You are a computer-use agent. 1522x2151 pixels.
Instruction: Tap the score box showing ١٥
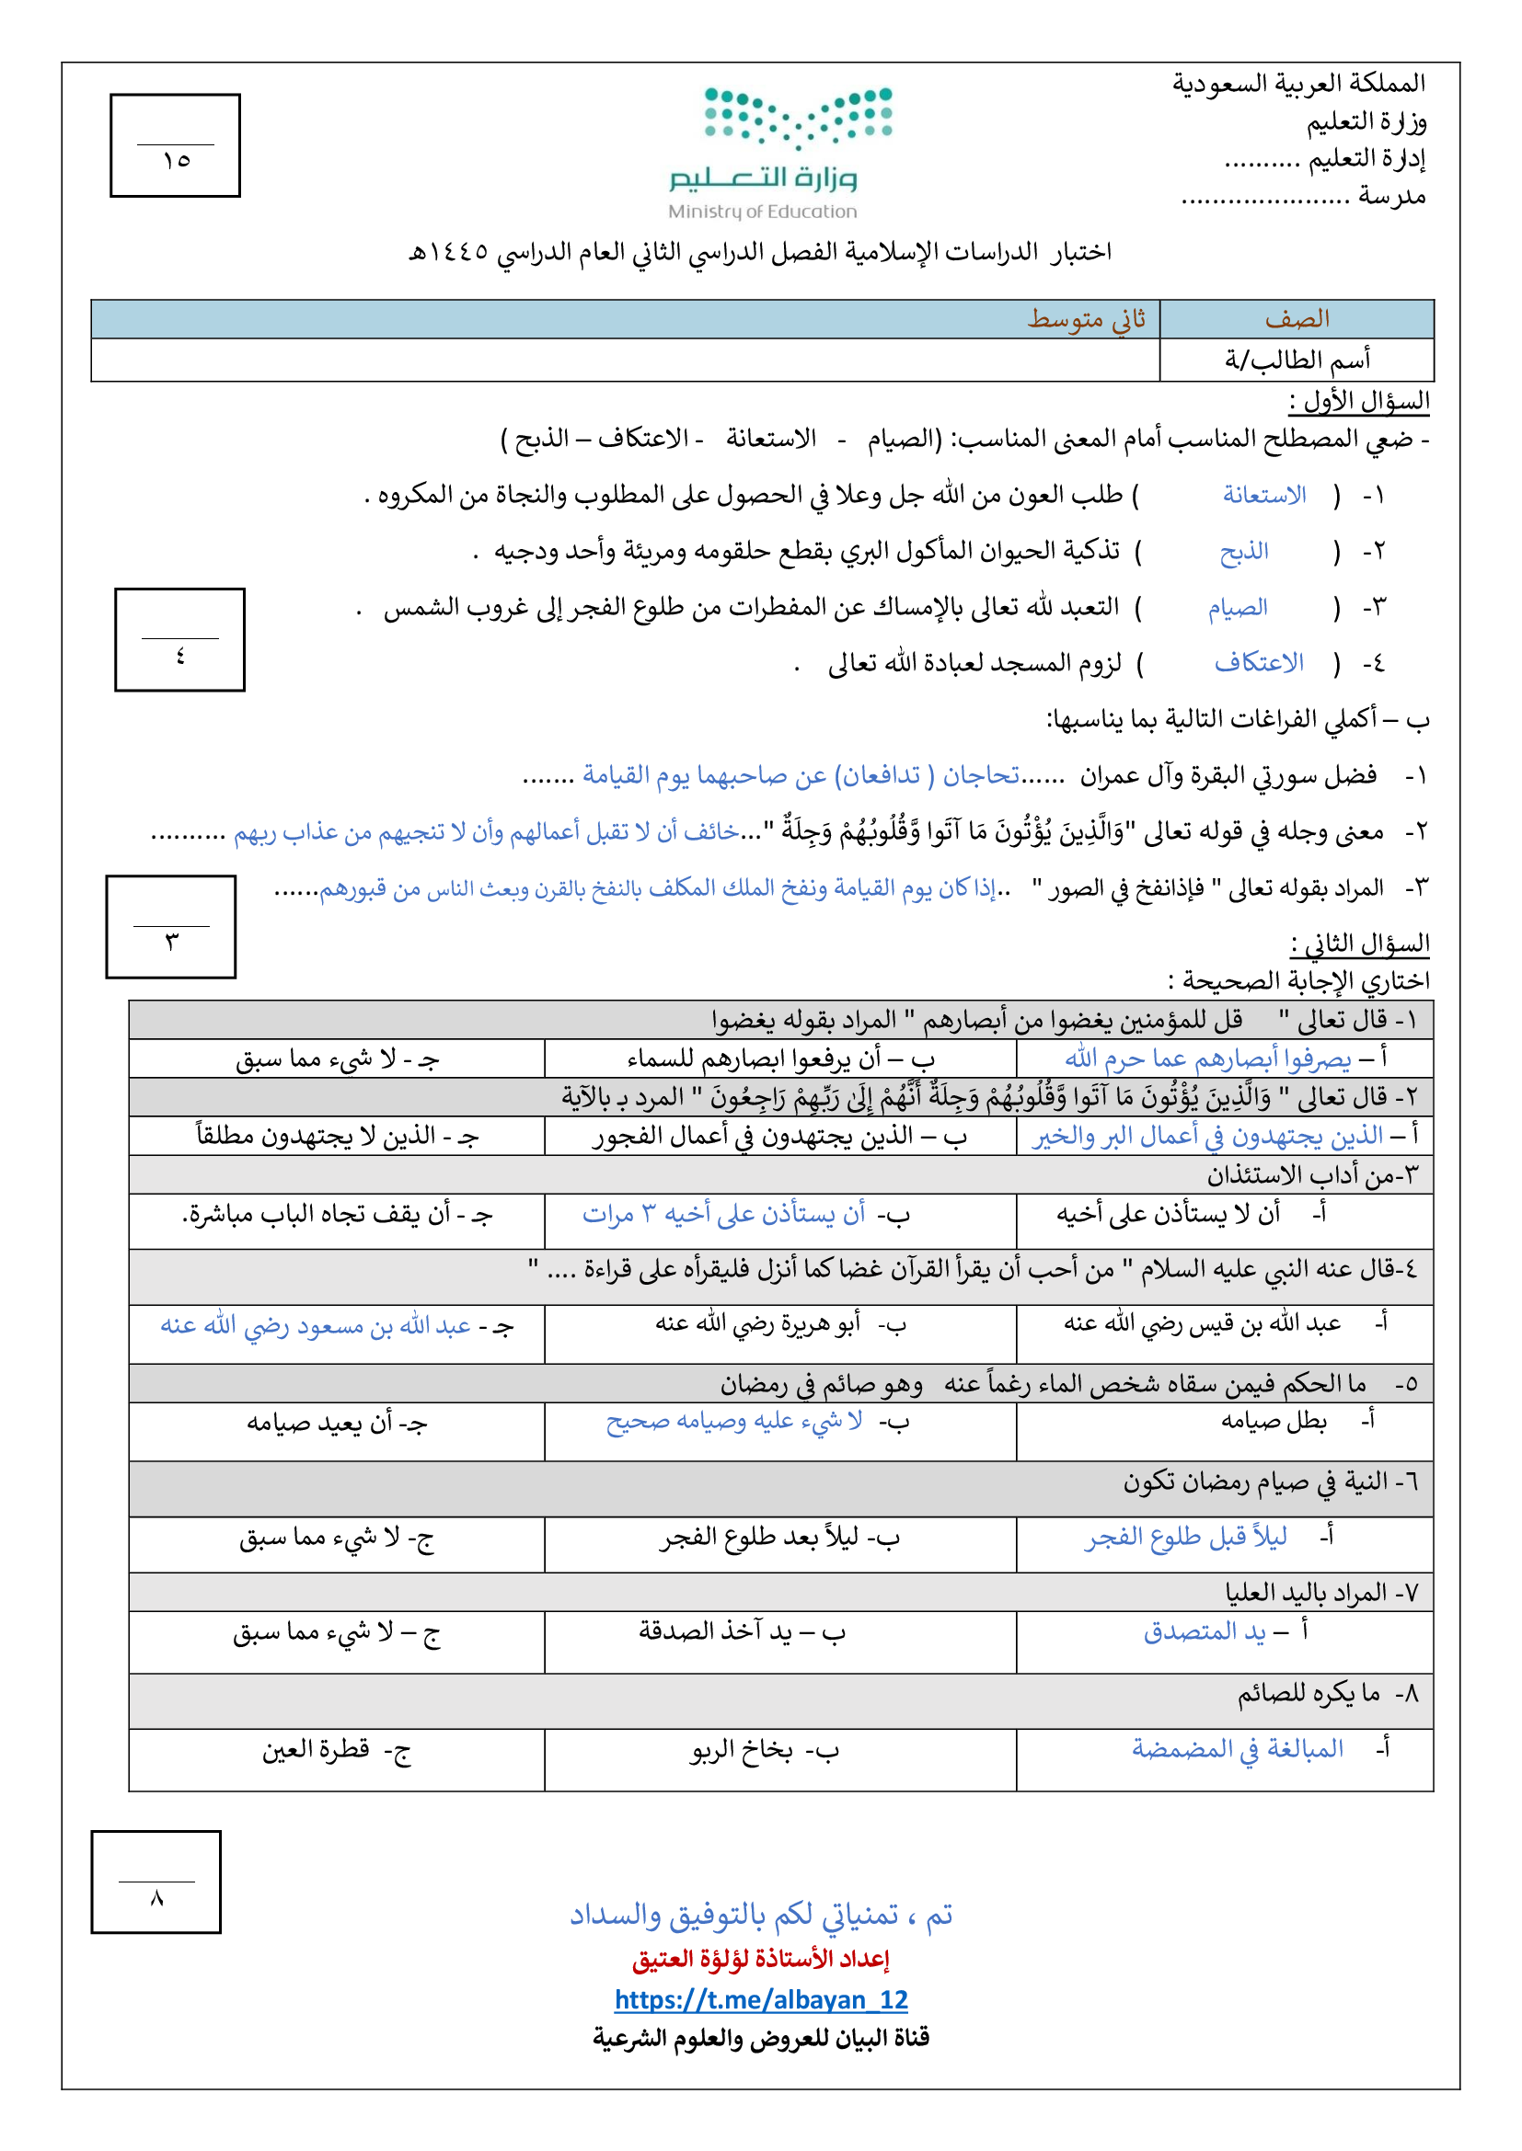tap(175, 146)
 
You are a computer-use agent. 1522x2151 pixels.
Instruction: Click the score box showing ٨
tap(156, 1882)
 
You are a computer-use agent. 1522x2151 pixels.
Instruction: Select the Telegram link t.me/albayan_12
tap(761, 2000)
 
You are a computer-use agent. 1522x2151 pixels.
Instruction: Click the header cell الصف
tap(1297, 319)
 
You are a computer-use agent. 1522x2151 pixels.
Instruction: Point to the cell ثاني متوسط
tap(1086, 319)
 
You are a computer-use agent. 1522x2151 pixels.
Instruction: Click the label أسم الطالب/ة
tap(1297, 360)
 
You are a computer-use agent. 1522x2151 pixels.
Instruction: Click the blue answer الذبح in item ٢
tap(1244, 552)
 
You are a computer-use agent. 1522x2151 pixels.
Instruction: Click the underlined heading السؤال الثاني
tap(1359, 944)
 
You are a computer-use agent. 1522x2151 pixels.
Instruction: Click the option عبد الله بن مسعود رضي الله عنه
tap(316, 1327)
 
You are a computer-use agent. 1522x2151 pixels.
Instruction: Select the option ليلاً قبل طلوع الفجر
tap(1185, 1538)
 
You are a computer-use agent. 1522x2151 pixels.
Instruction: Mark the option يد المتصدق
tap(1205, 1632)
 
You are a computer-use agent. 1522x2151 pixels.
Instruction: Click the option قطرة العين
tap(316, 1750)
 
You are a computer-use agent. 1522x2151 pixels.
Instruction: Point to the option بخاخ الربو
tap(742, 1750)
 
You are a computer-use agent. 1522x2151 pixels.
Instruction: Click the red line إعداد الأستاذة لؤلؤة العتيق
tap(760, 1959)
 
